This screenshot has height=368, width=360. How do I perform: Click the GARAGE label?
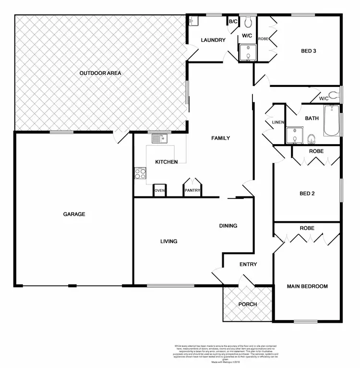tap(74, 214)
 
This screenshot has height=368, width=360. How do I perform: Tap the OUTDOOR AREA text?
tap(100, 74)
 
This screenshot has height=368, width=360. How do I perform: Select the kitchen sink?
tap(159, 139)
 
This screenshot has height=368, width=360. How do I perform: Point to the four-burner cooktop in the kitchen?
tap(140, 173)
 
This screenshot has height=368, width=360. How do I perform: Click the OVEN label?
tap(160, 191)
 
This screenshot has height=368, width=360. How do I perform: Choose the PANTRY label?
tap(192, 191)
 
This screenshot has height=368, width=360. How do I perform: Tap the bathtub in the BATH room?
tap(331, 121)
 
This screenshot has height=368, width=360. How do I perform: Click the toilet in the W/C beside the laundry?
tap(248, 22)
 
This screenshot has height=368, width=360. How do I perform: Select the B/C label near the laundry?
tap(233, 22)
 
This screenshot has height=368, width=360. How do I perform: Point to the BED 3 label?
tap(308, 50)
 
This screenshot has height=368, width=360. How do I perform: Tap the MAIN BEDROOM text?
tap(307, 286)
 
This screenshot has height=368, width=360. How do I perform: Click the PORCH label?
tap(248, 305)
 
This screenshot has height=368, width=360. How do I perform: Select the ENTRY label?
tap(248, 264)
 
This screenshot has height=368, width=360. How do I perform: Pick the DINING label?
tap(228, 226)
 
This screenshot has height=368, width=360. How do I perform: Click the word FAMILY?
tap(221, 138)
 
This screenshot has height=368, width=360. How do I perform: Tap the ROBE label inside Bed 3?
tap(263, 38)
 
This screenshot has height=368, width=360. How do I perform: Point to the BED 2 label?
tap(307, 194)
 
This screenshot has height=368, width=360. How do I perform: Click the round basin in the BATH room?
tap(311, 139)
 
